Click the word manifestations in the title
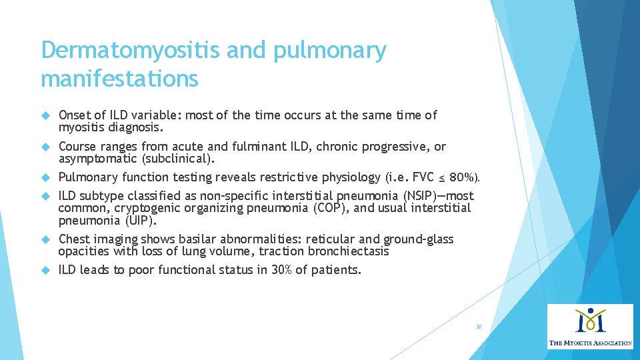tap(119, 78)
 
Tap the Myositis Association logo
tap(590, 326)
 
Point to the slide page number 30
tap(479, 327)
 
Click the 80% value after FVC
tap(465, 178)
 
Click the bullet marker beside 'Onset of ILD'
tap(45, 116)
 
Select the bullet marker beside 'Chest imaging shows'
tap(45, 240)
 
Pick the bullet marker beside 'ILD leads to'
tap(45, 271)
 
